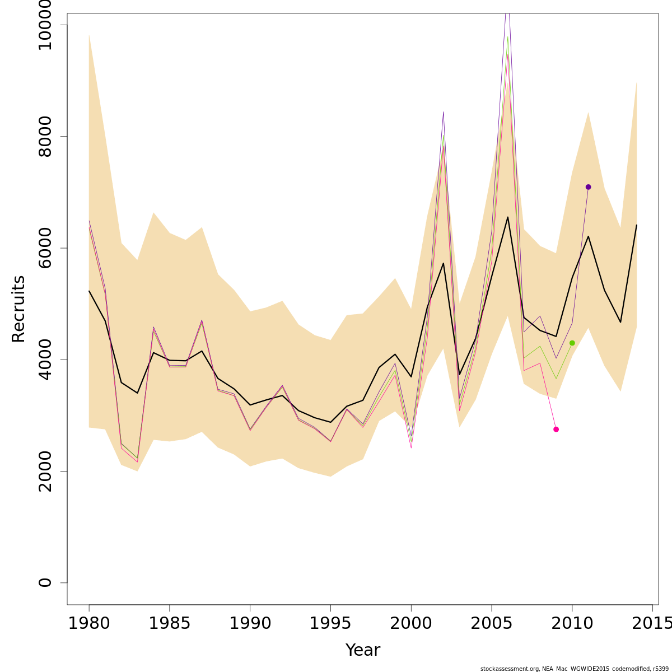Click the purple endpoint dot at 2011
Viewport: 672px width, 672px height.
[588, 187]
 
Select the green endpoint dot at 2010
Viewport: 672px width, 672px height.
[572, 343]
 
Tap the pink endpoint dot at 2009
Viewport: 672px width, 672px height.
[556, 429]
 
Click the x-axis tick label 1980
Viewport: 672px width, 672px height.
[89, 623]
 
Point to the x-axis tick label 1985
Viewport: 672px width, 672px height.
[170, 623]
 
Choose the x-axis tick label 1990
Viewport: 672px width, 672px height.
[250, 623]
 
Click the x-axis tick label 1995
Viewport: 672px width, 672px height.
[330, 623]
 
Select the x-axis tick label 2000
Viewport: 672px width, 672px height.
[411, 623]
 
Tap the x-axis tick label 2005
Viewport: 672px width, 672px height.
[492, 623]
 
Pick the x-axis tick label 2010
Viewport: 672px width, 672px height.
[572, 623]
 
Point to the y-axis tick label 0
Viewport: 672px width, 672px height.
[45, 582]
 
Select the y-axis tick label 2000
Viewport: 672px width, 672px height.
[45, 471]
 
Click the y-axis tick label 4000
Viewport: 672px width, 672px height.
[45, 360]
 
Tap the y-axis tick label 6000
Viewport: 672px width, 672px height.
[45, 248]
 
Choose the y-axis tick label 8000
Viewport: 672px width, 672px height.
[45, 137]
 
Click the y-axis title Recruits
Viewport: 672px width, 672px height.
[18, 309]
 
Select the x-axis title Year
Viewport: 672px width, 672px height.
[362, 650]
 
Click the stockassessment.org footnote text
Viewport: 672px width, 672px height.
[574, 669]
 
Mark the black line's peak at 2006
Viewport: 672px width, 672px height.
[507, 217]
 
